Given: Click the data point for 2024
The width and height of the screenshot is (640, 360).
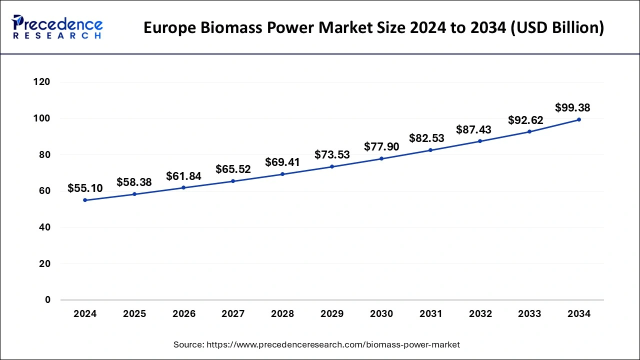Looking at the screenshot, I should tap(85, 200).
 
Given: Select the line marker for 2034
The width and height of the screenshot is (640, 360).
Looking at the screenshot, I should tap(579, 119).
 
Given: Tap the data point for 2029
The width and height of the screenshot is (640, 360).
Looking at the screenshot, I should tap(332, 166).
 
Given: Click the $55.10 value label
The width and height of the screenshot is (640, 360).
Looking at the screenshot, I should tap(85, 188).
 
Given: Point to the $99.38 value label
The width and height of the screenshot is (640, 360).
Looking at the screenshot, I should tap(572, 108).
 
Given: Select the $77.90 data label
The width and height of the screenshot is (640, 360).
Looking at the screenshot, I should tap(381, 146).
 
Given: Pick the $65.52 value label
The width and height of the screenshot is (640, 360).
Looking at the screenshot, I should tap(233, 169).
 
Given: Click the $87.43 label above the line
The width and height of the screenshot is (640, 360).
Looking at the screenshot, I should tap(473, 129).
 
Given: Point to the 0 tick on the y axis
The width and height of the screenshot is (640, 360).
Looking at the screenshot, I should tap(47, 300).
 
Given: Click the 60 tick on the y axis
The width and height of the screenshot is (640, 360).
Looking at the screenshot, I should tap(44, 191).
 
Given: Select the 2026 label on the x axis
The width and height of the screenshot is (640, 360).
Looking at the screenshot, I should tap(184, 314).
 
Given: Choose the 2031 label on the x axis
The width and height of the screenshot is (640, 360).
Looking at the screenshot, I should tap(430, 314).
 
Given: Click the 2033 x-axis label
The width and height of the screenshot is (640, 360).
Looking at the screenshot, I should tap(529, 314).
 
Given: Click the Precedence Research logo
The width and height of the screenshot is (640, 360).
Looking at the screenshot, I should tap(57, 27).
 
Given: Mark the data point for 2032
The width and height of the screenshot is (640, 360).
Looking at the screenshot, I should tap(480, 141).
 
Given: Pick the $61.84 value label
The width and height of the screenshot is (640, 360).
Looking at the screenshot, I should tap(184, 176).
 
